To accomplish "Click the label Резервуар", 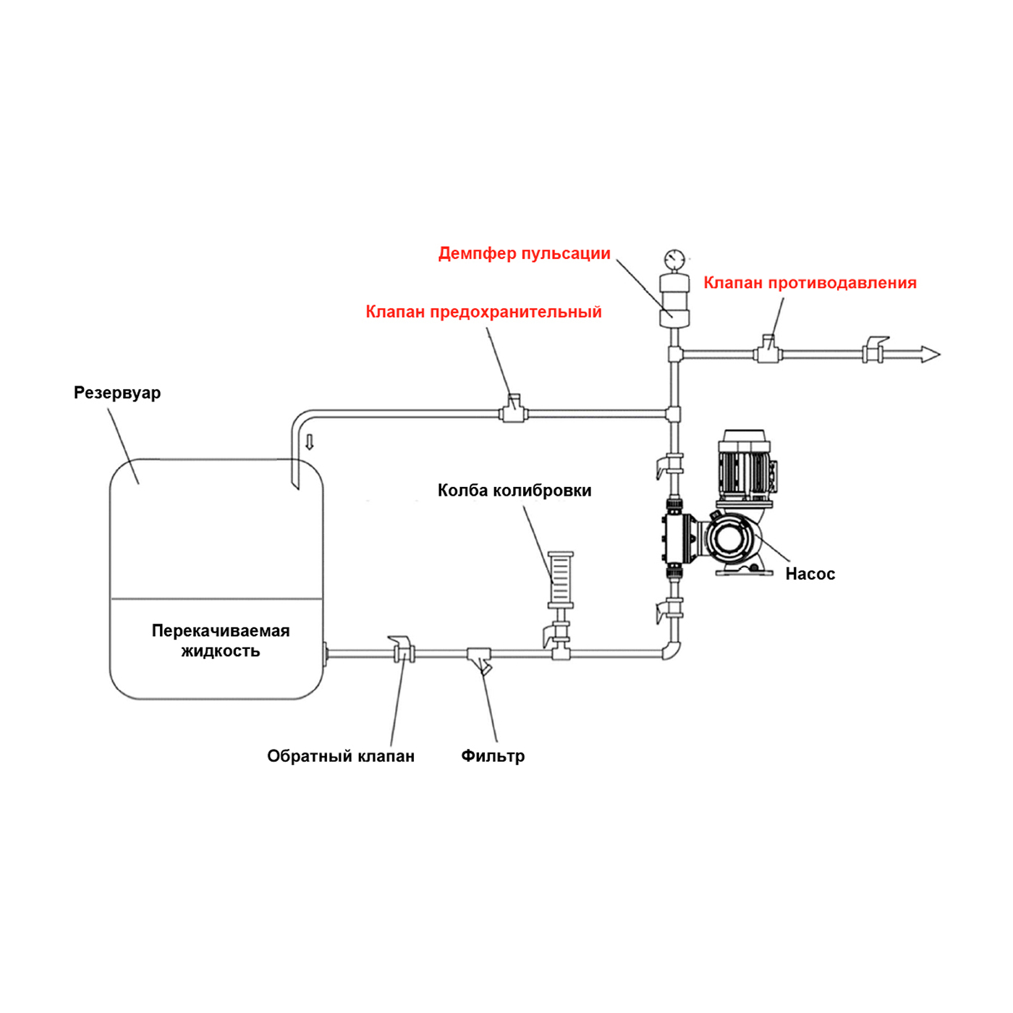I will (117, 393).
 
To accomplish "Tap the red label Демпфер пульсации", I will (524, 254).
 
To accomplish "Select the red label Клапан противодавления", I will (810, 283).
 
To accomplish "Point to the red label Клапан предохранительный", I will (483, 312).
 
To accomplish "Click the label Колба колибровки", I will (514, 491).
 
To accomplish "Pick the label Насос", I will (810, 574).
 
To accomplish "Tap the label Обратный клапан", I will (341, 756).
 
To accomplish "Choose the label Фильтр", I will (493, 756).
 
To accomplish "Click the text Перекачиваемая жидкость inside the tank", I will (221, 640).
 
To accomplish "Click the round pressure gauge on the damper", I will (674, 259).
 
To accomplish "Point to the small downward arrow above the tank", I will (310, 442).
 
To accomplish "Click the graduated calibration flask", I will (560, 579).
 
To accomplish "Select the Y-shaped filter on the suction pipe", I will (479, 658).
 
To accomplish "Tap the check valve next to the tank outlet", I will (403, 650).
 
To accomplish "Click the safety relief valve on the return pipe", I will (514, 410).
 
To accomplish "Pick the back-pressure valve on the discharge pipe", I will (768, 350).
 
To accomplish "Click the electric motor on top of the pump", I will (745, 467).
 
